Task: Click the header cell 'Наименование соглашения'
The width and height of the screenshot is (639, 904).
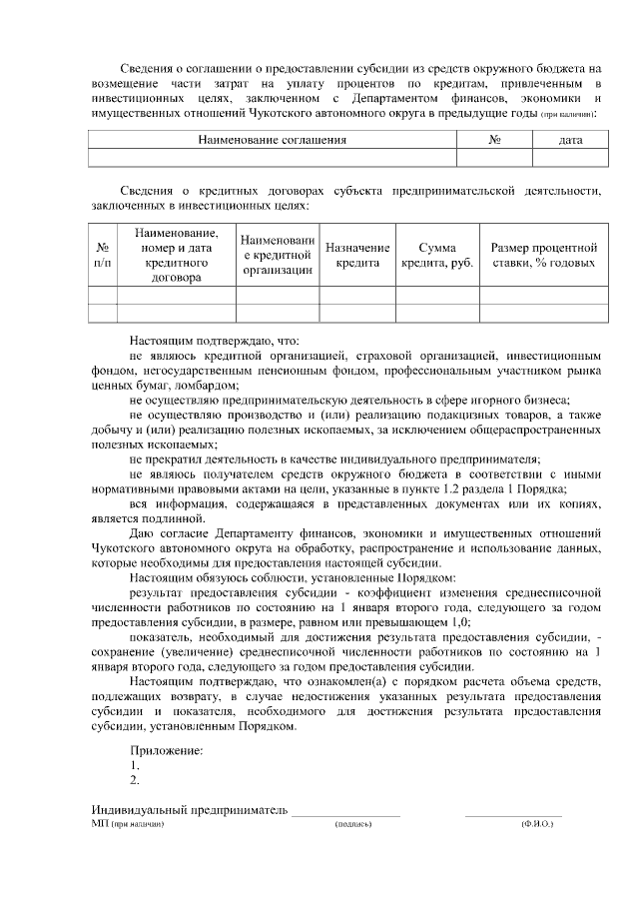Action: (272, 140)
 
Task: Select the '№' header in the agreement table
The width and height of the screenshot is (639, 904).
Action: (494, 140)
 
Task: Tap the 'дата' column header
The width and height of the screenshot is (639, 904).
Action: (571, 140)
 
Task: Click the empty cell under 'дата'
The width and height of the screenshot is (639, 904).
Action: (571, 157)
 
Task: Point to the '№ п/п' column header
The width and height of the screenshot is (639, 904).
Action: (103, 255)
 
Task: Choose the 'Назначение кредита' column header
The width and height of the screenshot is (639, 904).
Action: (357, 255)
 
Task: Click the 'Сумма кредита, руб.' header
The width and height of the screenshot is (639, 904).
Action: (437, 255)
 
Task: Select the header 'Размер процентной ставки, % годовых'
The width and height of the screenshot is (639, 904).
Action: (543, 255)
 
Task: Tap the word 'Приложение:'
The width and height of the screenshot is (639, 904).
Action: (166, 750)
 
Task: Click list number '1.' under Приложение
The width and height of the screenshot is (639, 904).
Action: (135, 765)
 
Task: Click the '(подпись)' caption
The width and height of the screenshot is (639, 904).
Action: (353, 825)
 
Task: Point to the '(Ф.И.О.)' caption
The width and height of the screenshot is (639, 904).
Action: (536, 825)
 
